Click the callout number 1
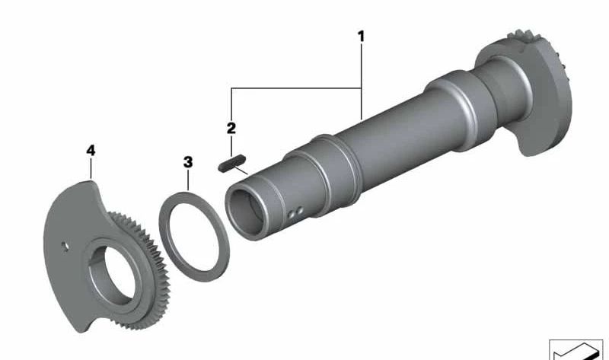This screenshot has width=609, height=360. click(362, 36)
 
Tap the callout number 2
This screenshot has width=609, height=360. click(231, 127)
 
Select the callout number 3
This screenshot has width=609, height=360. click(188, 162)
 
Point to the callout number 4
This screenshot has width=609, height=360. click(91, 151)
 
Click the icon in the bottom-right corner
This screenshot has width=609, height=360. click(576, 349)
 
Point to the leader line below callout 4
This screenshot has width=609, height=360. click(91, 168)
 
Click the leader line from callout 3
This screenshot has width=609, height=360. click(188, 181)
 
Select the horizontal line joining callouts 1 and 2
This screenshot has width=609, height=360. click(297, 90)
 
